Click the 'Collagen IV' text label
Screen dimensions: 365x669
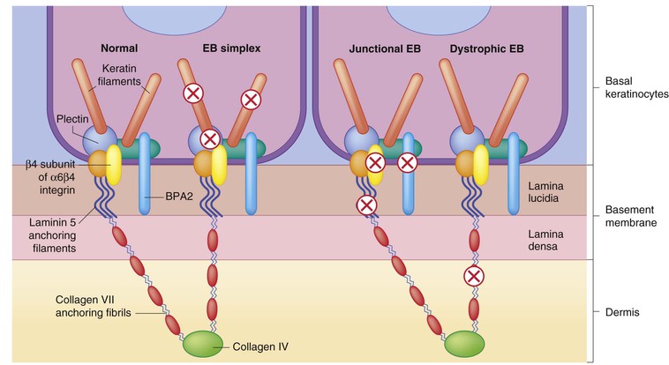[x=261, y=345]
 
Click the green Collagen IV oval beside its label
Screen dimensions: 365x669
[x=204, y=343]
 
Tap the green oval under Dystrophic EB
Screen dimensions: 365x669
[x=464, y=343]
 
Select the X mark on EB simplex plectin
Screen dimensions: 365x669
[x=209, y=138]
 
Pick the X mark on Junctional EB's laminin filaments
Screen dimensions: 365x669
[x=368, y=205]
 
